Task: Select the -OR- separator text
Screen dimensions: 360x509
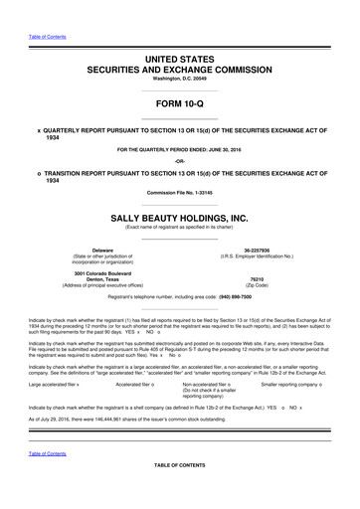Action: (180, 161)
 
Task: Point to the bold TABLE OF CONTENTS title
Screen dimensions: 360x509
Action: (180, 494)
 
